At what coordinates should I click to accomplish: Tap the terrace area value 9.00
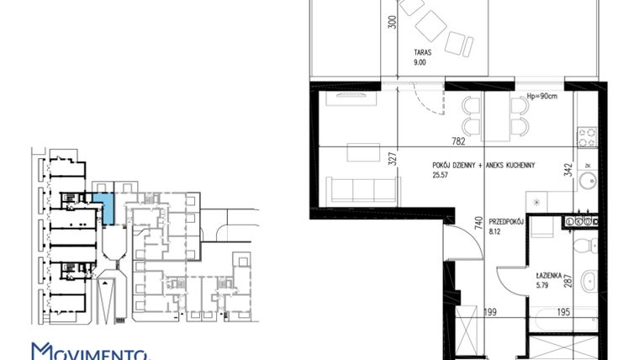tap(421, 61)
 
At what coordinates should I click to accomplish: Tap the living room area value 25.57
tap(440, 176)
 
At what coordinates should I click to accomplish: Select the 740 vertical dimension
tap(477, 223)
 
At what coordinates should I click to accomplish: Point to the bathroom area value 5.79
tap(545, 285)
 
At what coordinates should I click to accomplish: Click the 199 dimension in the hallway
tap(491, 313)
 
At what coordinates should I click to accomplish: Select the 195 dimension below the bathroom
tap(564, 313)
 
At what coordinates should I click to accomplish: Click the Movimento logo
tap(88, 352)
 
